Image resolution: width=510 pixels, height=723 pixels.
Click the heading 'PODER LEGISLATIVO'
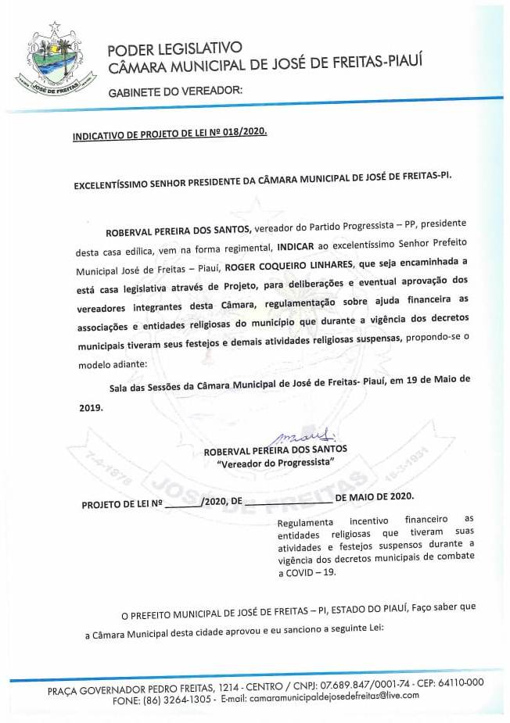174,48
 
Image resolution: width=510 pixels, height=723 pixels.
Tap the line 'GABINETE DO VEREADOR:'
175,91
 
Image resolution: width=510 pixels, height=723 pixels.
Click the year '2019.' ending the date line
91,406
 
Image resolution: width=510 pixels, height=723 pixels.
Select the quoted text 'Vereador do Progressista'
275,463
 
